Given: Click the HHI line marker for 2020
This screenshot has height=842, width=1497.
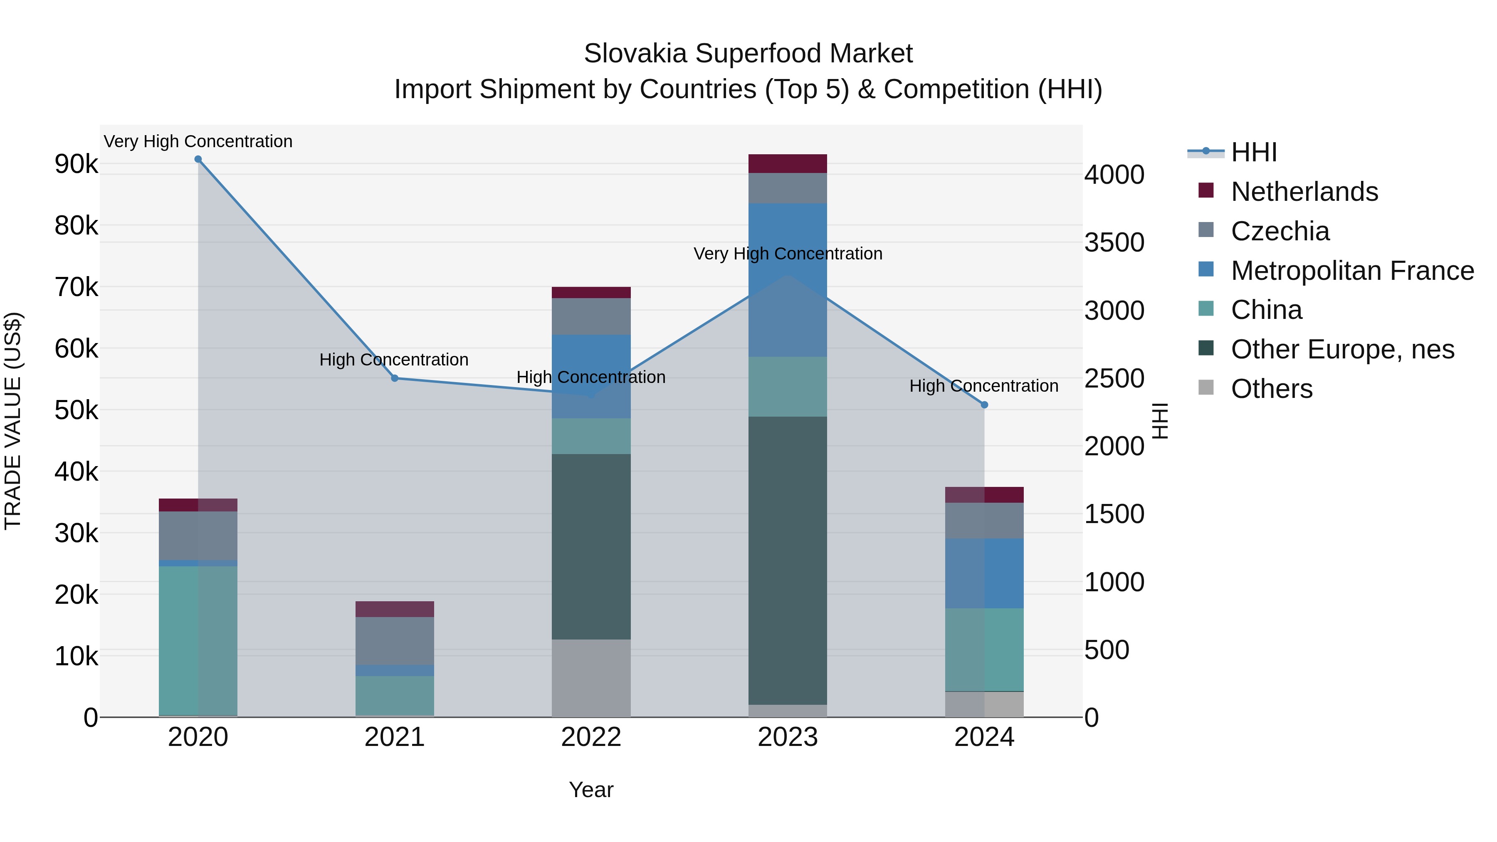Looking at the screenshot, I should (198, 159).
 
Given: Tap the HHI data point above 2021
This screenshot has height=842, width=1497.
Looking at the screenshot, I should (395, 378).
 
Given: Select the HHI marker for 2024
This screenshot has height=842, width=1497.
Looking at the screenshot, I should (984, 405).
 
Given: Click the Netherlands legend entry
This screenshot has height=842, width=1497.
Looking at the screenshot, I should (1304, 192).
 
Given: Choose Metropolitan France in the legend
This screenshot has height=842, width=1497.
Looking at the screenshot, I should (1352, 271).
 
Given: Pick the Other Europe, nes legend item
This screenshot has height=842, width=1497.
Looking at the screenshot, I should (1342, 350).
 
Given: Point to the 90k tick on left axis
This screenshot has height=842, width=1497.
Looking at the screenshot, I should (76, 164).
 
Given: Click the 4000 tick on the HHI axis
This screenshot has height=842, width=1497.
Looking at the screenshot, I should (1114, 175).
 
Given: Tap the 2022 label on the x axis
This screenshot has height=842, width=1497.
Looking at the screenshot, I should (591, 737).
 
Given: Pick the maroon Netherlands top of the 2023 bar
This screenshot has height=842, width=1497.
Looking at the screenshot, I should (788, 164).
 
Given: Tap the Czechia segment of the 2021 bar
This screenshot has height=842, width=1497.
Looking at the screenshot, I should (395, 640).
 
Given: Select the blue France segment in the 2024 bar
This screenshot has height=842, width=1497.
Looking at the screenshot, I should (984, 573).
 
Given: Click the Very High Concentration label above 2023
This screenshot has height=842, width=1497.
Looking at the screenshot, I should (788, 254).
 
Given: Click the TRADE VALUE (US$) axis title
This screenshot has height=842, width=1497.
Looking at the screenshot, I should (13, 421).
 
